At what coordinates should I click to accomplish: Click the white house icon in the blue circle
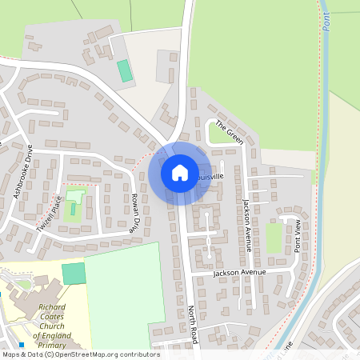(180, 172)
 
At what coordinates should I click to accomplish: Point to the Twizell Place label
(49, 217)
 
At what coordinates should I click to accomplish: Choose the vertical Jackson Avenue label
(247, 226)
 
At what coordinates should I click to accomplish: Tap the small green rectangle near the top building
(125, 70)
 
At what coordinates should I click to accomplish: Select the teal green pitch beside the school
(73, 274)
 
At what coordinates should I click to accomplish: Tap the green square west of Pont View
(274, 238)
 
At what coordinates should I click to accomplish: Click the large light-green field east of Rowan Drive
(128, 292)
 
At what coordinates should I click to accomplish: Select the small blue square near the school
(22, 344)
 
